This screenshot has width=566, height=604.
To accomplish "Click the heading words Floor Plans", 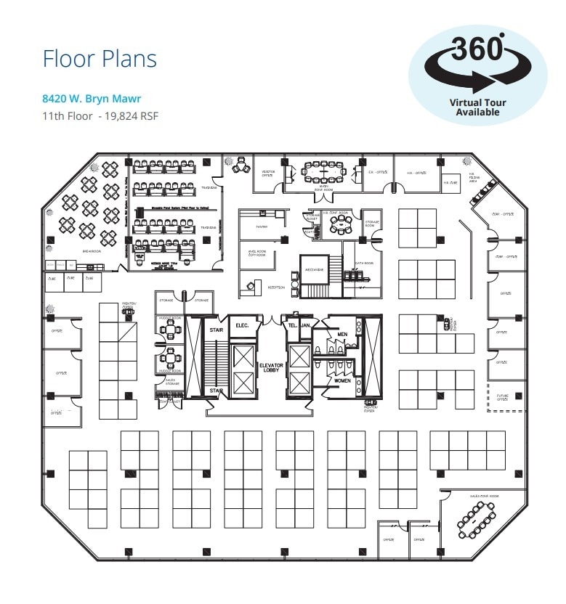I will [100, 58].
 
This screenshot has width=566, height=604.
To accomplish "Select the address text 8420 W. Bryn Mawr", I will [92, 99].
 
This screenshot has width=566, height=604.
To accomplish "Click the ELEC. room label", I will [241, 325].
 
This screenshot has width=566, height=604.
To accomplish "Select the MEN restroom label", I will [342, 334].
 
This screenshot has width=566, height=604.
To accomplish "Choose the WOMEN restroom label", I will [342, 380].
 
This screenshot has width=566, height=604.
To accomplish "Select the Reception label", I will [276, 287].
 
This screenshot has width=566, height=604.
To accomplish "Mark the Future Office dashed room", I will [502, 396].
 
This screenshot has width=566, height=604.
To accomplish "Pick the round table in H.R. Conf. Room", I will [339, 226].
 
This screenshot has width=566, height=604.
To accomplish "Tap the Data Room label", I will [364, 264].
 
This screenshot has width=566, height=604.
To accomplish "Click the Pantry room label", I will [262, 226].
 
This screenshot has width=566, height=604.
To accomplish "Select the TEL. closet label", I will [292, 325].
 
